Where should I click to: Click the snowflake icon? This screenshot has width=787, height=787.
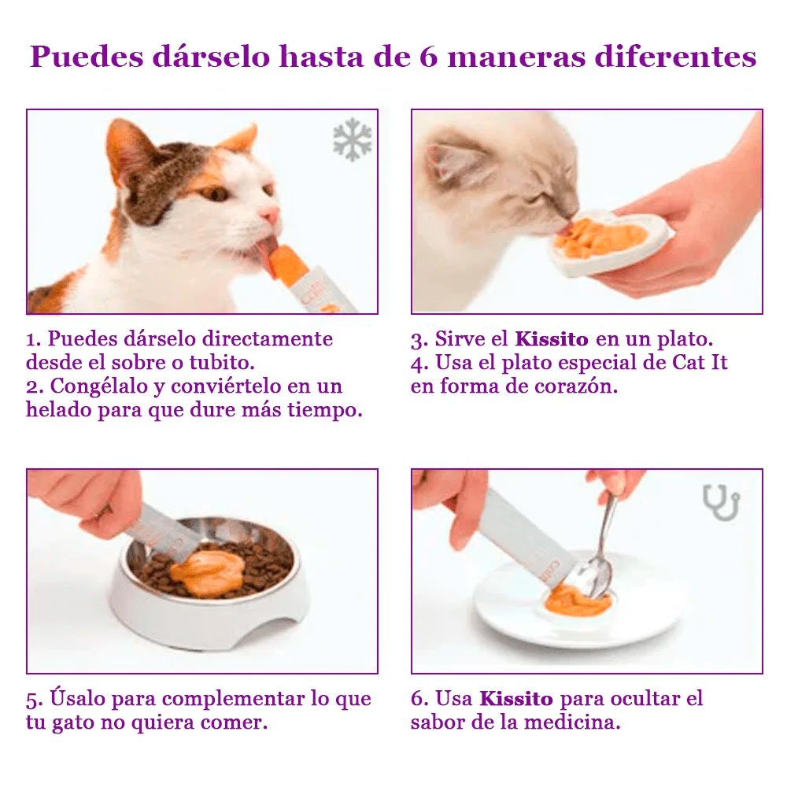click(352, 140)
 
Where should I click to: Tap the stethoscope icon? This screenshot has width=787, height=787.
click(721, 502)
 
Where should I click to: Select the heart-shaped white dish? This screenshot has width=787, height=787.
click(610, 243)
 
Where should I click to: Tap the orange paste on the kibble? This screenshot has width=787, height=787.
click(207, 571)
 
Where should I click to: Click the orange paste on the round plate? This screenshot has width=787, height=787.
click(578, 602)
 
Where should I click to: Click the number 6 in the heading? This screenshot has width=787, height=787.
click(428, 57)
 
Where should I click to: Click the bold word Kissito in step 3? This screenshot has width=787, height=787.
click(551, 340)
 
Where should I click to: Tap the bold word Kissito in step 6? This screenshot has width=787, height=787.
click(516, 698)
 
